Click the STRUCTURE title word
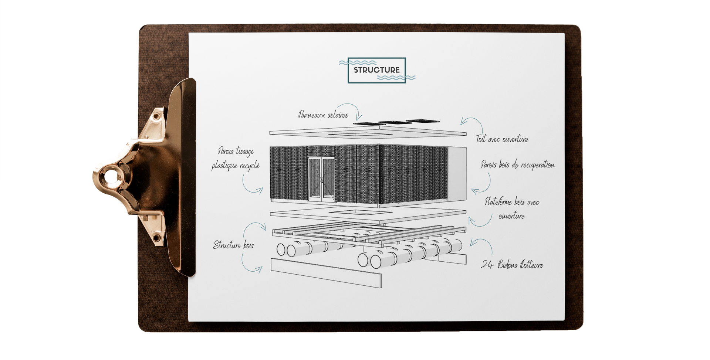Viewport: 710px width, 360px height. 376,70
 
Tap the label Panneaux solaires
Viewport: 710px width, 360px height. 323,115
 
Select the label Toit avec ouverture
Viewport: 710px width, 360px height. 502,139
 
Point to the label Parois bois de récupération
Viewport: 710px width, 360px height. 517,164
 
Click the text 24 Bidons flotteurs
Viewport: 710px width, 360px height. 512,265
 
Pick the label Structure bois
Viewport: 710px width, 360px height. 233,245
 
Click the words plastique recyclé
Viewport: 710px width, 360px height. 236,166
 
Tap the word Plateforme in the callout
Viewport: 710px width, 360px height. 498,202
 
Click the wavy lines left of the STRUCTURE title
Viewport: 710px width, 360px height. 357,62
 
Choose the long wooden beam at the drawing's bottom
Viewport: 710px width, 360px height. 326,273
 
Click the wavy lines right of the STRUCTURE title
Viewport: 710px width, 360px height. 396,78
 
